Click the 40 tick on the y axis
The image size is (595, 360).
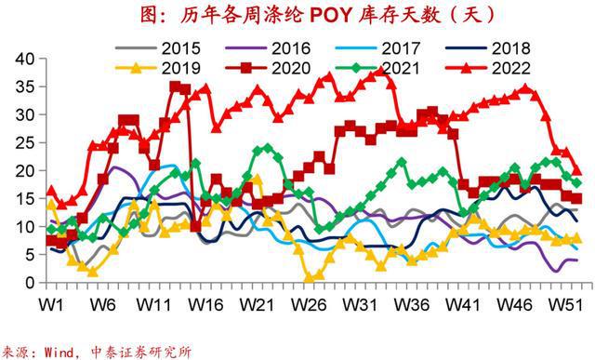pyautogui.click(x=25, y=59)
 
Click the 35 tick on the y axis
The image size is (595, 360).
pyautogui.click(x=25, y=87)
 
